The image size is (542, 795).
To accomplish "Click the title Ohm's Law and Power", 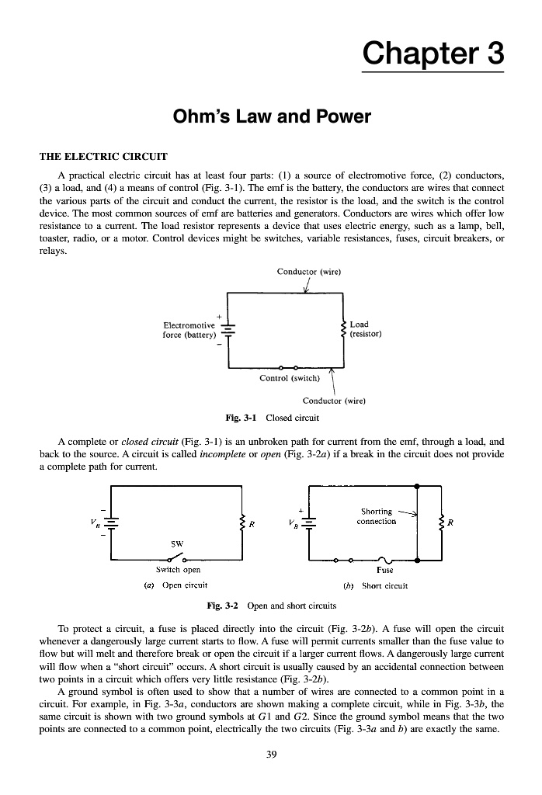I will click(271, 118).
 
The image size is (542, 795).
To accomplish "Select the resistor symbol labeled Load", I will click(343, 328).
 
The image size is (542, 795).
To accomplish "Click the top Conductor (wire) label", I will click(308, 271).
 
